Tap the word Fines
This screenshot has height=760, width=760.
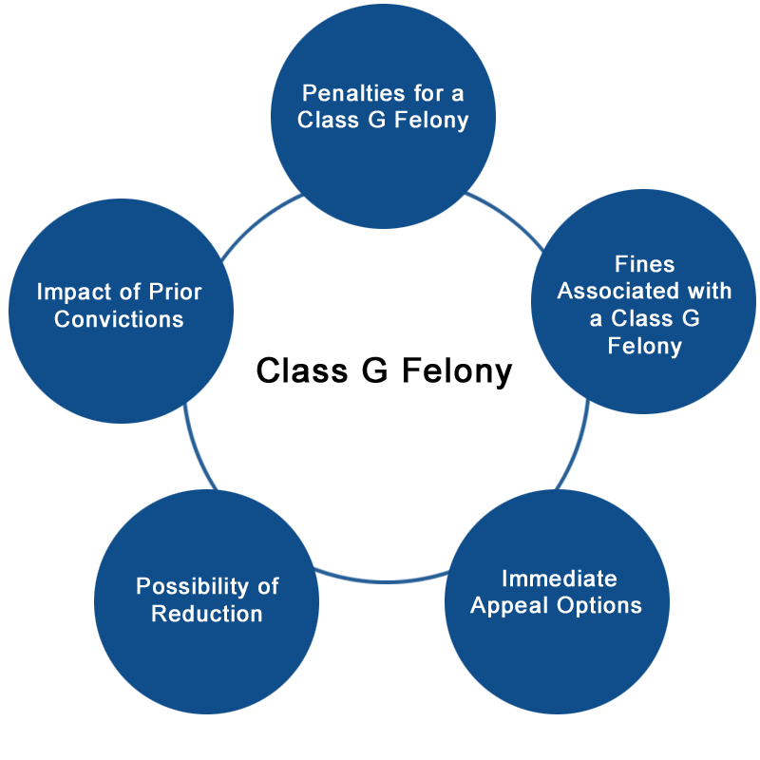(x=645, y=264)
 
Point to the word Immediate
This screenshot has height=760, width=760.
(x=560, y=579)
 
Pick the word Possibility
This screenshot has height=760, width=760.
(x=193, y=586)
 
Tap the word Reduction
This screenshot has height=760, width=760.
(x=207, y=614)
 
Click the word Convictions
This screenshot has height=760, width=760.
(x=120, y=319)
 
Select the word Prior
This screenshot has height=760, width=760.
(x=175, y=292)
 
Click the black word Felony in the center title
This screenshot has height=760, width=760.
(x=457, y=371)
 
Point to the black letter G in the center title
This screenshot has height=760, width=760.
(x=374, y=370)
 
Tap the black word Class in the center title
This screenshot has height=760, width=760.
(x=302, y=370)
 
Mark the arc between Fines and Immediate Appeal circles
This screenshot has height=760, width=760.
(x=577, y=446)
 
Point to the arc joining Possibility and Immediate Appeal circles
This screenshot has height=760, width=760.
(x=383, y=580)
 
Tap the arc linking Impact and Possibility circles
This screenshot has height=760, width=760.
(x=197, y=448)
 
